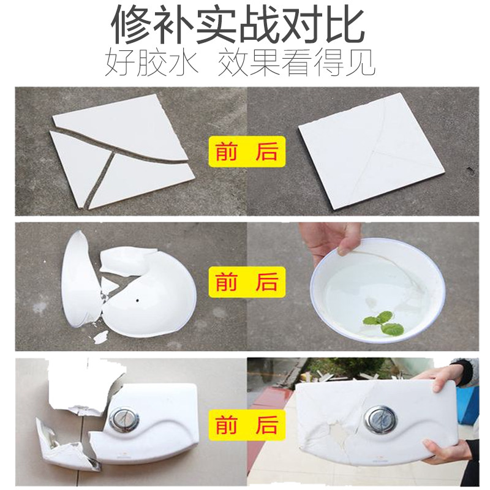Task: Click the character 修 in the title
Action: tap(132, 26)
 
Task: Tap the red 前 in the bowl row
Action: tap(226, 282)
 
